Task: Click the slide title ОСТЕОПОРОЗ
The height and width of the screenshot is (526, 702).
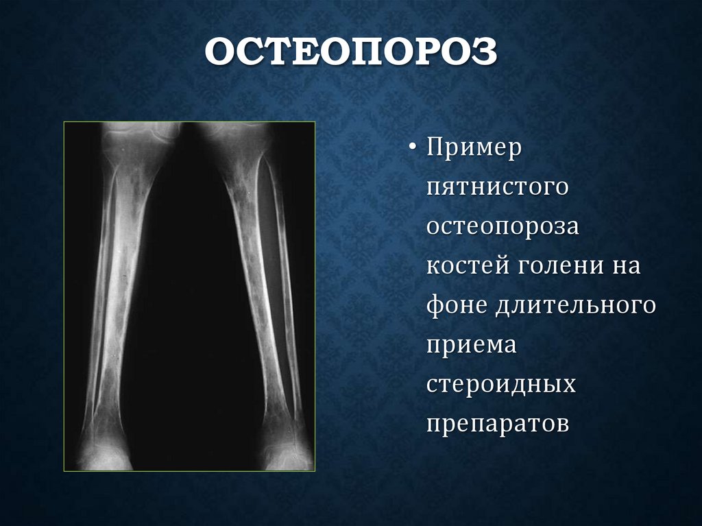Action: pos(350,54)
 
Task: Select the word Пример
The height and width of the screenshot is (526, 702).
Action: pos(475,147)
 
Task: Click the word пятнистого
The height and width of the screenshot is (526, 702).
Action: pos(497,187)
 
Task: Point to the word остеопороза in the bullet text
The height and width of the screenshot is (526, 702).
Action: pos(503,226)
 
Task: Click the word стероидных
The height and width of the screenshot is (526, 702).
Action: pos(501,383)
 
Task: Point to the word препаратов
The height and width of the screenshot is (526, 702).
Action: pos(498,423)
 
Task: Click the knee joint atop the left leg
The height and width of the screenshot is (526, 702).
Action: pos(137,134)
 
